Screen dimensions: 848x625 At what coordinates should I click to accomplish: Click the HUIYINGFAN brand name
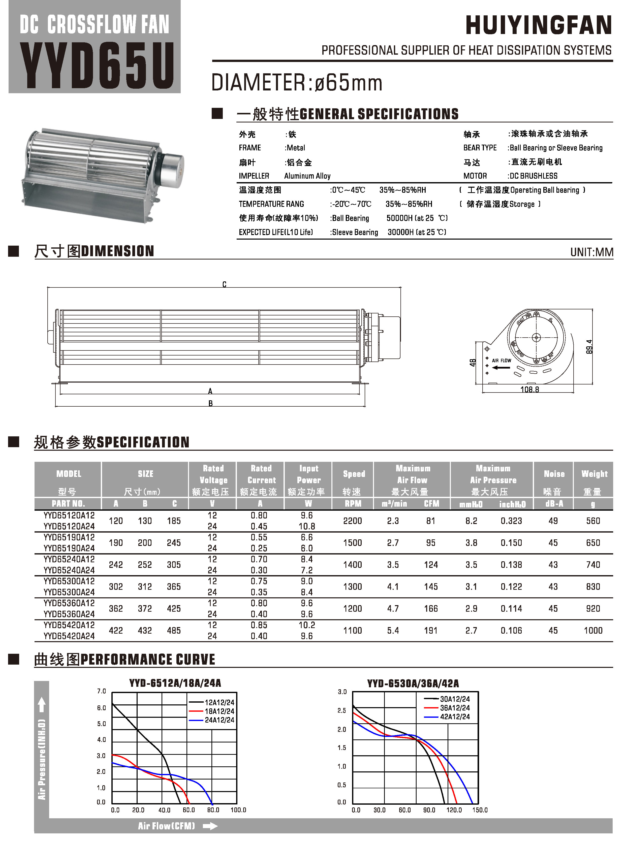point(538,25)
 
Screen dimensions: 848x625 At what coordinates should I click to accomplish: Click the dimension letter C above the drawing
point(224,284)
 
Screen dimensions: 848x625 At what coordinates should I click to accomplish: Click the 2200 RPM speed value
point(352,521)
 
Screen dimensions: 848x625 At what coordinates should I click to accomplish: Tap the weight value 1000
point(593,631)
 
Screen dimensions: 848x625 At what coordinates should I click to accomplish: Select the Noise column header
point(554,474)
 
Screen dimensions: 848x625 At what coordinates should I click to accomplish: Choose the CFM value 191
point(430,631)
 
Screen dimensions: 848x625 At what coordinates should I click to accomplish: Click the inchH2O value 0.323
point(511,521)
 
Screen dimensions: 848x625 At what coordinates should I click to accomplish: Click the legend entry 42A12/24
point(455,717)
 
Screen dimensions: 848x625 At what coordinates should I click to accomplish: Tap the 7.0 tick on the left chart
point(101,691)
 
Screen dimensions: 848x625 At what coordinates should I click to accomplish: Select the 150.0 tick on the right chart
point(480,810)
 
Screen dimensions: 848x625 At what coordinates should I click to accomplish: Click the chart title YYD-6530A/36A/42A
point(413,683)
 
